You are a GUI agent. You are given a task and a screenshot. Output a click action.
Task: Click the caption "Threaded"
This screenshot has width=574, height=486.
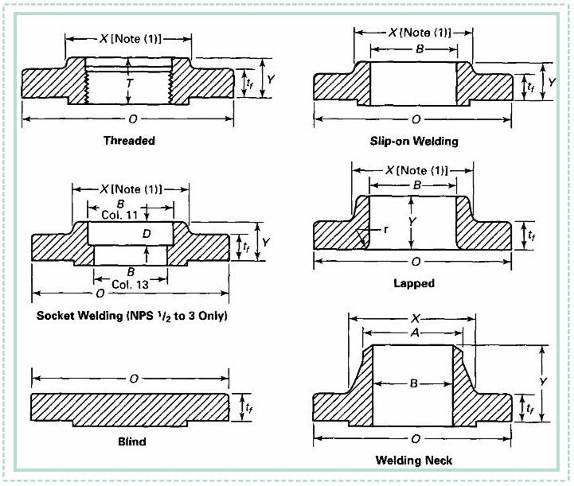coord(129,141)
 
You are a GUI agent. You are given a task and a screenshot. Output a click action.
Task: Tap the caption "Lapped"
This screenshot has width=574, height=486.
coord(413,282)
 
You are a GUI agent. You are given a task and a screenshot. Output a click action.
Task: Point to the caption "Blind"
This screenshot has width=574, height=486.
coord(129,440)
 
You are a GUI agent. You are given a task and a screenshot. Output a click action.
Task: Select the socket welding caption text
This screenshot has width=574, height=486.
coord(132,316)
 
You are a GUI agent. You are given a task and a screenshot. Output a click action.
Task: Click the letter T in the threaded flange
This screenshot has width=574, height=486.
coord(129,83)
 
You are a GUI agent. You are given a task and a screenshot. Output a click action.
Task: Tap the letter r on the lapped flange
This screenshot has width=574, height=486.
coord(385,229)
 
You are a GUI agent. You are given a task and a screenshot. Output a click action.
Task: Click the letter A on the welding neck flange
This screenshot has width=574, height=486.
coord(413,333)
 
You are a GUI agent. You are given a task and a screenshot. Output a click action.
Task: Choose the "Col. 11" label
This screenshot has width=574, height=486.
coord(120,215)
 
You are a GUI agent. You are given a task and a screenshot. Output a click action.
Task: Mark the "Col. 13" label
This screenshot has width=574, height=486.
coord(131,282)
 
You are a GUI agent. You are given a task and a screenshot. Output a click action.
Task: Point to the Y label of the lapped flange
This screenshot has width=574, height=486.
coord(412,221)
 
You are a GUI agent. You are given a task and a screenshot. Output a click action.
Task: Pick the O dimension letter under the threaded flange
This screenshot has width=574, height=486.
coord(129,120)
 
